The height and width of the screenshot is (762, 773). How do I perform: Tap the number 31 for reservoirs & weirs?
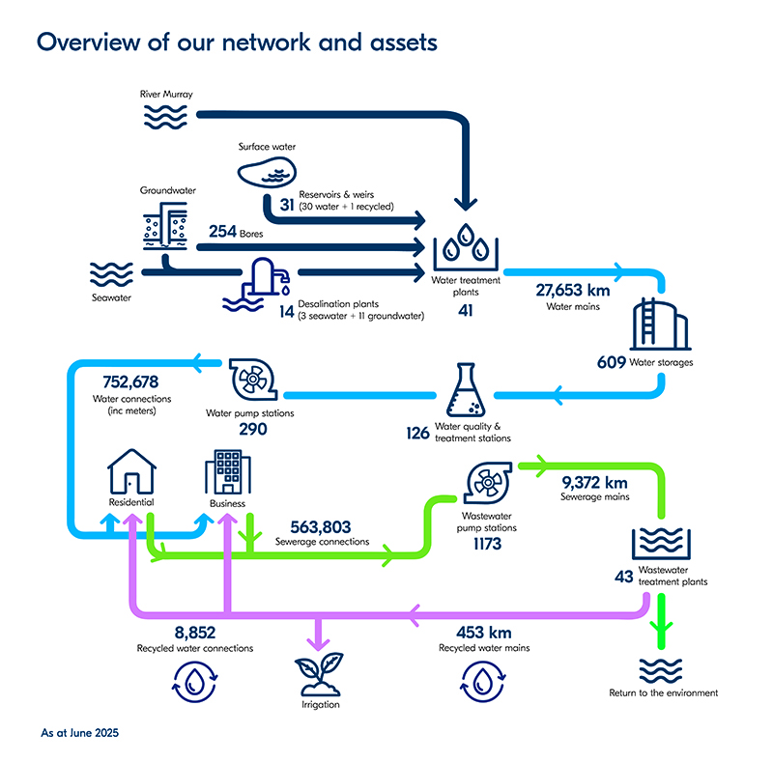coord(287,205)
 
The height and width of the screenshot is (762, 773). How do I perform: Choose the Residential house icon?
coord(131,473)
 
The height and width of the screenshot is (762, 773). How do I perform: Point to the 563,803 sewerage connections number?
coord(321,527)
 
